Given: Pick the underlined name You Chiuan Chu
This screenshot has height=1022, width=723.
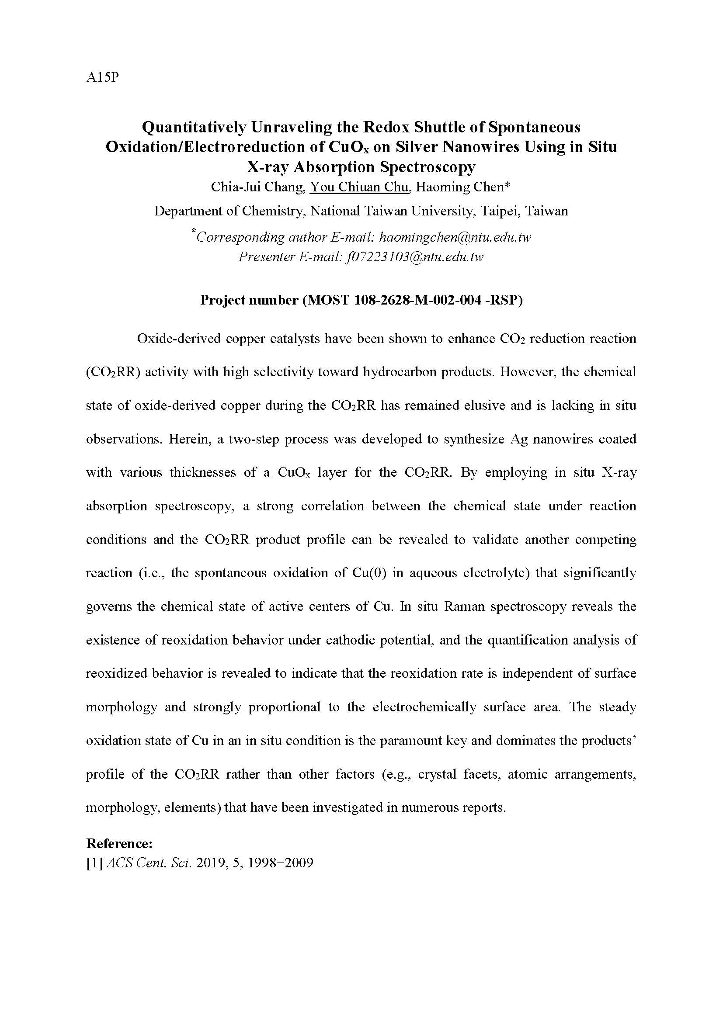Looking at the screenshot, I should (359, 187).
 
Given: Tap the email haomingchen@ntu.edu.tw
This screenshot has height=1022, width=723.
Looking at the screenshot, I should (455, 237).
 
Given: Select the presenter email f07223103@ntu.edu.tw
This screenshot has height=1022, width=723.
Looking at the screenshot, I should (414, 257).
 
